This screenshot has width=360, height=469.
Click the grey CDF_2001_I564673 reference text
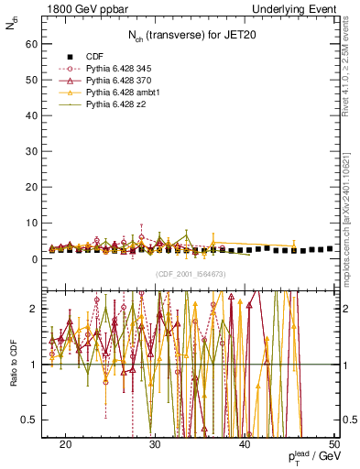pyautogui.click(x=190, y=274)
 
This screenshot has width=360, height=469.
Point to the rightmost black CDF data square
pyautogui.click(x=330, y=248)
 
